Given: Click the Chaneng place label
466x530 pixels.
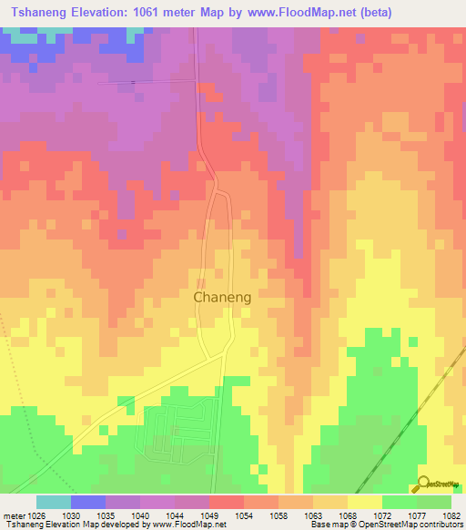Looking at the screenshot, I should pos(222,297).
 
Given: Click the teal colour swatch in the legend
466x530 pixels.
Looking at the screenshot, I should pos(53,502).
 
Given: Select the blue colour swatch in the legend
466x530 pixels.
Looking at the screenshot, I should pos(87,502).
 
